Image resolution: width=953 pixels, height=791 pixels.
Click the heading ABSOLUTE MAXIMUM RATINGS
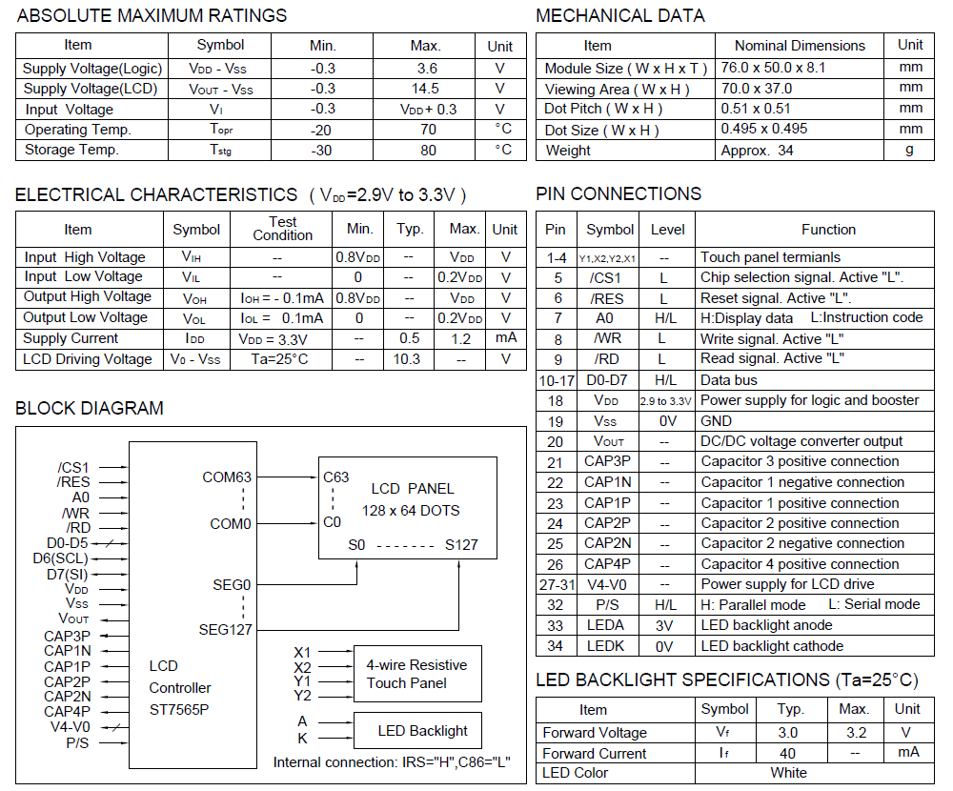[x=152, y=16]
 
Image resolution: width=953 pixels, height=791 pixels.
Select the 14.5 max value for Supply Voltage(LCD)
[x=425, y=89]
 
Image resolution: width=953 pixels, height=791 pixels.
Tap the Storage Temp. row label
[x=71, y=150]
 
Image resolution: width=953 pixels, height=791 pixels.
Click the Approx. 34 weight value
[x=758, y=150]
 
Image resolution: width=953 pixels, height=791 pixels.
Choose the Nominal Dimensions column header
[x=800, y=45]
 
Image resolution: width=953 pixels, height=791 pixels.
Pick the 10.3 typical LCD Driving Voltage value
[x=407, y=359]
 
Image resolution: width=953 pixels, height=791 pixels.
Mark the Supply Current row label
[x=71, y=338]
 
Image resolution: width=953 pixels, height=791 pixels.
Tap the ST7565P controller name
[x=180, y=709]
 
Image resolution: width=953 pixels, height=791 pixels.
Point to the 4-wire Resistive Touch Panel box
[x=416, y=674]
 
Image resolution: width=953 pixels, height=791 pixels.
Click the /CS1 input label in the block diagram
[x=73, y=467]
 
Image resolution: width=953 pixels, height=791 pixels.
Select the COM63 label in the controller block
[x=227, y=477]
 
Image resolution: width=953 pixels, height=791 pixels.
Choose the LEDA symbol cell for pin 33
[x=610, y=625]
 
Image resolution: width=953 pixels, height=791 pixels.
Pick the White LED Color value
[x=788, y=773]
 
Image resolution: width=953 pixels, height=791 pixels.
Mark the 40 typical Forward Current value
[x=788, y=753]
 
